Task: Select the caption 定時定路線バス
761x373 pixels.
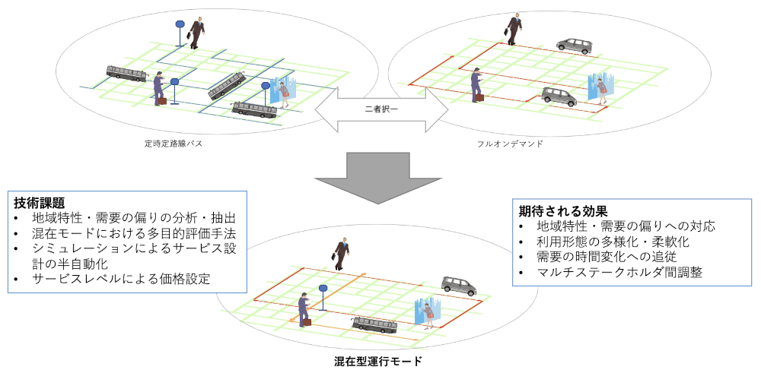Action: click(x=173, y=143)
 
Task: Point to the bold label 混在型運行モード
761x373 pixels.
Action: click(x=377, y=361)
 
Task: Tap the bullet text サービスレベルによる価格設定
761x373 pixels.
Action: click(x=121, y=279)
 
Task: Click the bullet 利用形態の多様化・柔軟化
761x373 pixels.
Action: click(x=613, y=241)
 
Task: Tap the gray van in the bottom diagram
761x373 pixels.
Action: click(x=459, y=286)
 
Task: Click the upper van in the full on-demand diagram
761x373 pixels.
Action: click(x=573, y=45)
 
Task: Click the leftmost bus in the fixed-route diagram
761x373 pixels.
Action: click(x=126, y=73)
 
